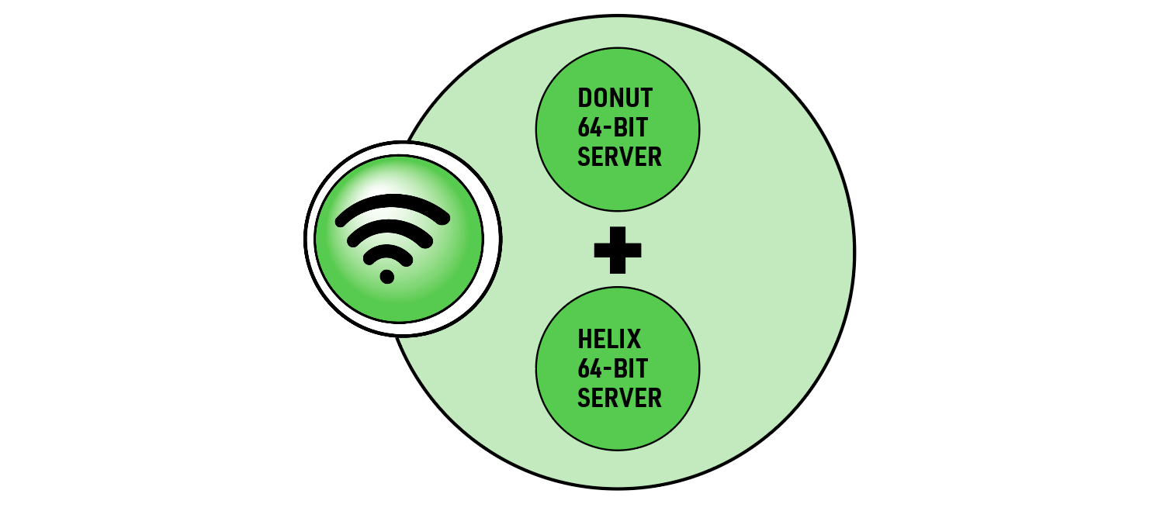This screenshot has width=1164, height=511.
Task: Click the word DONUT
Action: coord(615,98)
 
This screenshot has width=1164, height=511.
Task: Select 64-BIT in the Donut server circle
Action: coord(613,127)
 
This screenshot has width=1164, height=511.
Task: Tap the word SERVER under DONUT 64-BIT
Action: coord(619,157)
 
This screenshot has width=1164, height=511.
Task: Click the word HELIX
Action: coord(609,340)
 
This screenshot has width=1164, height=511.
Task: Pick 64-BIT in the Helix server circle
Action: coord(613,368)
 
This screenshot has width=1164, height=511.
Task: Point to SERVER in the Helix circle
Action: coord(619,398)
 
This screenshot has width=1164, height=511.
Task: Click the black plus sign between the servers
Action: coord(618,250)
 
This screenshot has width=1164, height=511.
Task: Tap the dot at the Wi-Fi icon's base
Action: coord(386,276)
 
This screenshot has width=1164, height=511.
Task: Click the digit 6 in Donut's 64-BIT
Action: coord(584,127)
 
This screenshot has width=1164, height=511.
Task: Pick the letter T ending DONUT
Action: coord(646,98)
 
